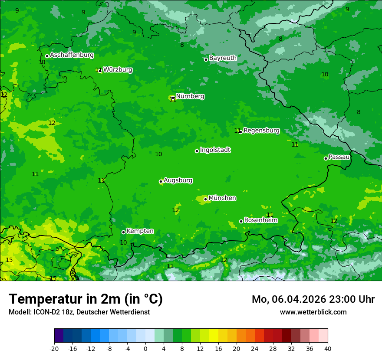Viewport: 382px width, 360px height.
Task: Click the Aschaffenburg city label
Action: [72, 55]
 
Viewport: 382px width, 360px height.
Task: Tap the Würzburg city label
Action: [118, 70]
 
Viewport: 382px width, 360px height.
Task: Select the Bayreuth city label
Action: [223, 58]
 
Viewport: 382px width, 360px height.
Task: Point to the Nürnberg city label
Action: [190, 96]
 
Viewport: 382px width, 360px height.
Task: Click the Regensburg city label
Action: [261, 131]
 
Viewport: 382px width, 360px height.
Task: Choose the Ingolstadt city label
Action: [215, 150]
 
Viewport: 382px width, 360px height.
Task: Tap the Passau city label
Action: [339, 157]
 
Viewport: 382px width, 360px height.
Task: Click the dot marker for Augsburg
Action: [161, 181]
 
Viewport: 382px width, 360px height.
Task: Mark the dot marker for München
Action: [205, 200]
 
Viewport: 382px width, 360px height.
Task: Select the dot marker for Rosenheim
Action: [241, 221]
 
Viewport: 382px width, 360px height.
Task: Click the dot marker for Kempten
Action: [123, 232]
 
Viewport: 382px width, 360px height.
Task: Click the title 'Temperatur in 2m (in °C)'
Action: [86, 299]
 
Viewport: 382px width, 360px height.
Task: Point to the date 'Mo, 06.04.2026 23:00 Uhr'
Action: [313, 299]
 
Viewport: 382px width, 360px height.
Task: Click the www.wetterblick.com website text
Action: [313, 312]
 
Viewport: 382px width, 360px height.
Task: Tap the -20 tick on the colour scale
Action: [54, 348]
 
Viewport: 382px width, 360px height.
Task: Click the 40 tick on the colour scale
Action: [328, 348]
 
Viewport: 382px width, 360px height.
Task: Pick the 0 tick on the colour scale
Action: [145, 348]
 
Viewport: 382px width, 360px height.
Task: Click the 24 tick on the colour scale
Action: [255, 348]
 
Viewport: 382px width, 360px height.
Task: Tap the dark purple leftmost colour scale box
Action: [59, 336]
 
